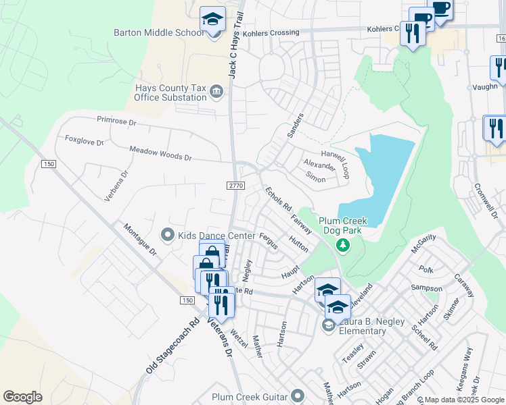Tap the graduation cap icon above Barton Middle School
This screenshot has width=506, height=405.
tap(212, 19)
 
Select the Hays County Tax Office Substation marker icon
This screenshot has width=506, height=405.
tap(216, 92)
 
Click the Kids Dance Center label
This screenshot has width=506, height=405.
tap(207, 236)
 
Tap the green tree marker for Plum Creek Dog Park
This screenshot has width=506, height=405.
tap(344, 244)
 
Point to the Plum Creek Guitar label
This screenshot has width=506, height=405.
tap(250, 397)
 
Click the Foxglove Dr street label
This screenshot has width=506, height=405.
tap(84, 141)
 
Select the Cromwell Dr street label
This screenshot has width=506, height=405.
tap(486, 201)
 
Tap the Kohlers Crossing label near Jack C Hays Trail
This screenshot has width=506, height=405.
tap(273, 32)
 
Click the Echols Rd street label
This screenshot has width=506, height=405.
tap(277, 198)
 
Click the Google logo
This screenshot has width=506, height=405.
tap(22, 397)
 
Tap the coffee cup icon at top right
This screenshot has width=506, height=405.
tap(441, 9)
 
